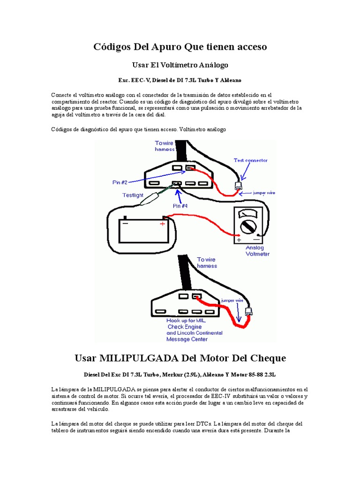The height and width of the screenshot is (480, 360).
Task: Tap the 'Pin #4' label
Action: pyautogui.click(x=180, y=205)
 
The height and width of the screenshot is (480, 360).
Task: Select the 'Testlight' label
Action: pyautogui.click(x=132, y=195)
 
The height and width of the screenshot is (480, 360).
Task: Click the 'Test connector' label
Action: pyautogui.click(x=251, y=160)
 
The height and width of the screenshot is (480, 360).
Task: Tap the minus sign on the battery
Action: pyautogui.click(x=125, y=224)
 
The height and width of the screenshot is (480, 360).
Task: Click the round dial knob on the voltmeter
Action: pyautogui.click(x=248, y=227)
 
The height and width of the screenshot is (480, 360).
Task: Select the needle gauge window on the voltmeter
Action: pyautogui.click(x=249, y=214)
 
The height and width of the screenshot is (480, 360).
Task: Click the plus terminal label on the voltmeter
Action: pyautogui.click(x=239, y=240)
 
